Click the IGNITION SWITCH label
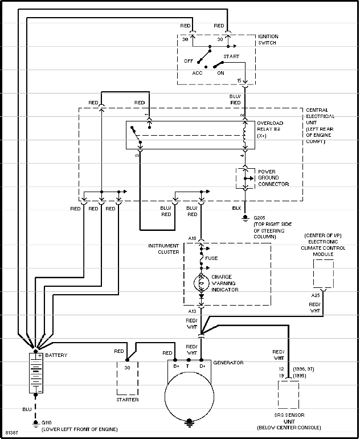click(x=268, y=39)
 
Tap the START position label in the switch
click(x=231, y=56)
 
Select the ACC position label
click(x=197, y=73)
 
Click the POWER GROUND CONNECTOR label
click(x=273, y=178)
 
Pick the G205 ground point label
click(x=260, y=218)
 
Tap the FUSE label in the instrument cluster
click(x=211, y=258)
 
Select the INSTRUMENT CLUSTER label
click(x=164, y=249)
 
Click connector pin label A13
click(x=192, y=312)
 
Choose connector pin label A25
click(x=315, y=295)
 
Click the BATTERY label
click(x=56, y=355)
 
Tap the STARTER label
click(x=127, y=400)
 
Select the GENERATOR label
click(x=228, y=363)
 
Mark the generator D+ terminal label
click(x=202, y=366)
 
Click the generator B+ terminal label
click(x=176, y=366)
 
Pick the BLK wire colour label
click(x=237, y=208)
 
